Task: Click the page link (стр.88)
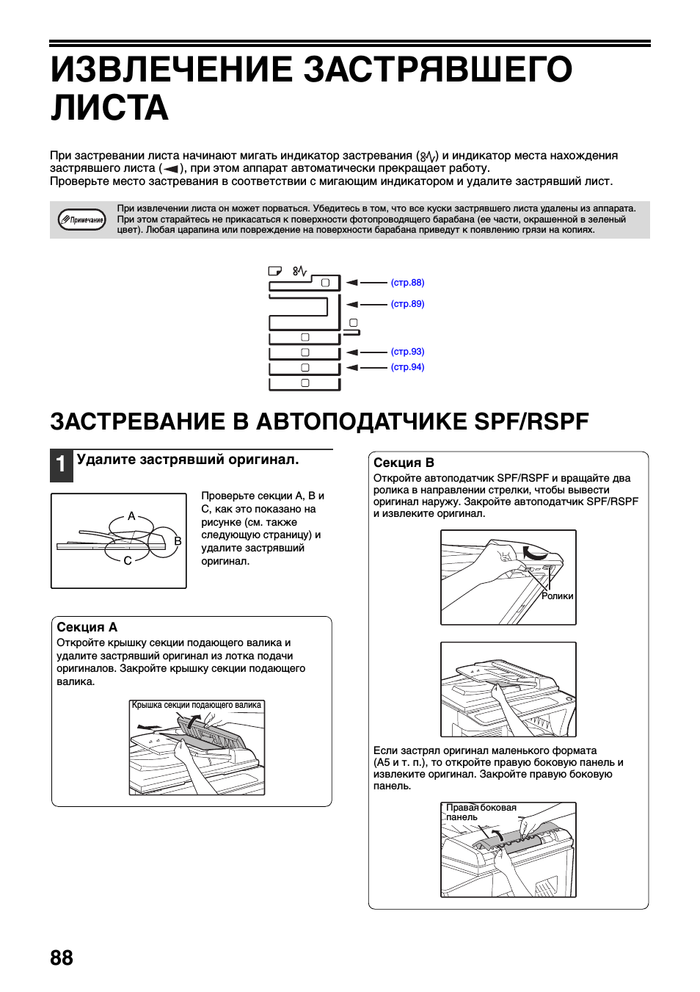click(407, 283)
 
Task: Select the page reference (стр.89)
click(407, 304)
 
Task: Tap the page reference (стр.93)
click(407, 352)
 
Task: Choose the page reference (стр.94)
click(407, 367)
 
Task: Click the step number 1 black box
click(62, 465)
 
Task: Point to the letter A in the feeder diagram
click(131, 516)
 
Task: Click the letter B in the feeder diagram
click(178, 541)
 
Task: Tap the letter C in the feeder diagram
click(128, 561)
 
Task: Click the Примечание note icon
click(82, 220)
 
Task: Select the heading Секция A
click(87, 627)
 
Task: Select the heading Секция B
click(404, 463)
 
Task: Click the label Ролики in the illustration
click(558, 596)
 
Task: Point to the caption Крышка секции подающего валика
click(197, 705)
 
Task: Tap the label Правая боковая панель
click(481, 812)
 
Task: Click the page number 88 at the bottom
click(62, 958)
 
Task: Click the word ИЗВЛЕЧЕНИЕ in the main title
click(172, 70)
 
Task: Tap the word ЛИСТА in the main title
click(109, 109)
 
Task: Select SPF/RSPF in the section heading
click(531, 421)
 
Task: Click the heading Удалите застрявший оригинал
click(188, 460)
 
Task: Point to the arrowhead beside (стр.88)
click(352, 283)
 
